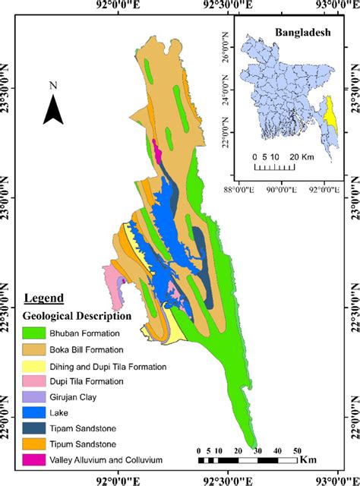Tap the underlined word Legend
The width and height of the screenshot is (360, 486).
44,298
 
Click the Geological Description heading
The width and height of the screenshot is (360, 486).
78,315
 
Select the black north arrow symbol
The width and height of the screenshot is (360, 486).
52,111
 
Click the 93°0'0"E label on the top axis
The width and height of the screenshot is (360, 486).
335,6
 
